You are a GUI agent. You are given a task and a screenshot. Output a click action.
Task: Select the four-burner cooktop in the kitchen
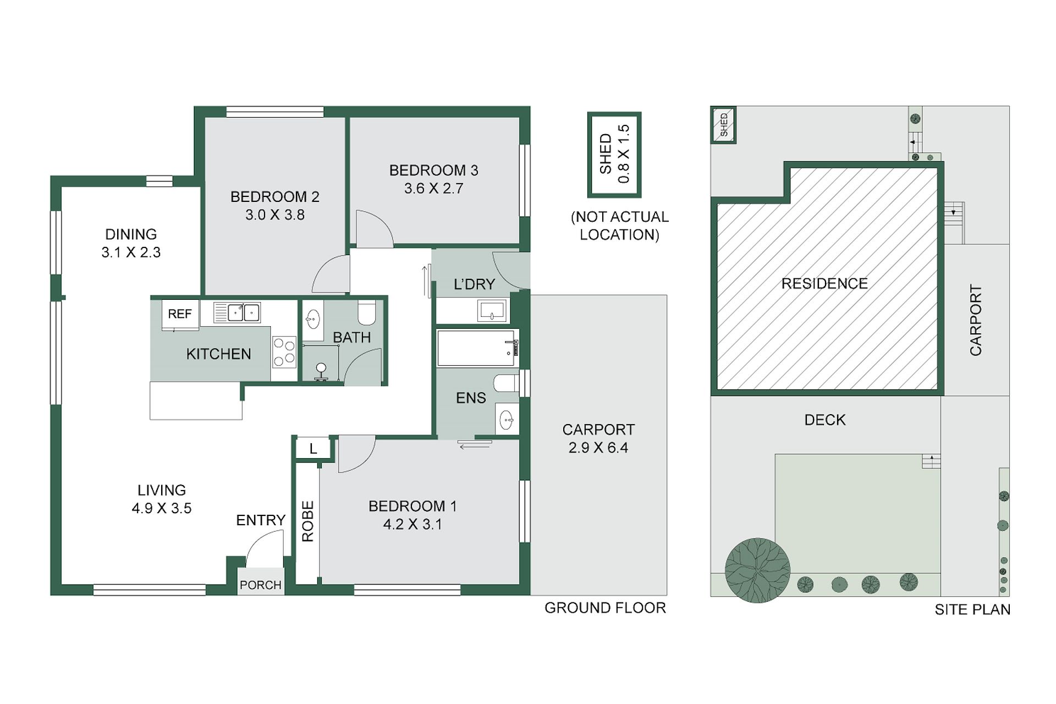click(284, 352)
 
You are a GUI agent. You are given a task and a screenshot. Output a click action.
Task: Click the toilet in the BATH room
click(366, 312)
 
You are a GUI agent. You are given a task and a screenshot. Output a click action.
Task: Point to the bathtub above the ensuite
click(477, 348)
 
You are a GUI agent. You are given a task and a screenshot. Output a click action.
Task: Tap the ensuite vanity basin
click(507, 420)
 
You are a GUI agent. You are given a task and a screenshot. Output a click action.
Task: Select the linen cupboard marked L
click(313, 449)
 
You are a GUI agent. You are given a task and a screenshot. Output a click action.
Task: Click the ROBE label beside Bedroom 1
click(307, 521)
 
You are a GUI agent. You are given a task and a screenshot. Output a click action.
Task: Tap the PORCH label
click(261, 585)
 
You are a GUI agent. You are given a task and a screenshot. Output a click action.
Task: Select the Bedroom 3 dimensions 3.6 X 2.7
click(434, 189)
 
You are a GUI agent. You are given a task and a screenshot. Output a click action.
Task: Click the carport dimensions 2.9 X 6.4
click(598, 448)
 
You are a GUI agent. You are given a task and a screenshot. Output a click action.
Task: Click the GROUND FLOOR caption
click(605, 608)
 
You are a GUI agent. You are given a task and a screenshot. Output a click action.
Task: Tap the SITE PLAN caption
click(972, 609)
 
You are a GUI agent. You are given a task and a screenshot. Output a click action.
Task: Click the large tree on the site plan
click(757, 570)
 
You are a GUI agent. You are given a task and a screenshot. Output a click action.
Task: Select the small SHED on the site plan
click(724, 125)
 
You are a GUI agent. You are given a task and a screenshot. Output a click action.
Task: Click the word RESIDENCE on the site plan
click(824, 284)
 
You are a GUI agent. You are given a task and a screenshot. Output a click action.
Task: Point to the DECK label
click(825, 420)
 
